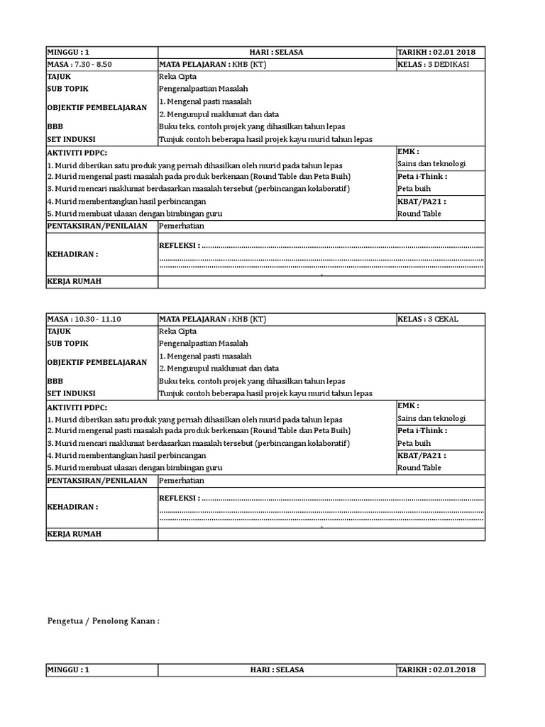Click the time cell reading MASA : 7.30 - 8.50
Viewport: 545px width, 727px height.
click(79, 64)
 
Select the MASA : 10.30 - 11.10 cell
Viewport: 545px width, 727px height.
click(84, 319)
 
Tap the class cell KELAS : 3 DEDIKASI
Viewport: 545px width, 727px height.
click(438, 64)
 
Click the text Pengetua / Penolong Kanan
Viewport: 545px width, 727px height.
click(103, 621)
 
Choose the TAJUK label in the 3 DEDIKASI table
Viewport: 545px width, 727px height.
click(59, 76)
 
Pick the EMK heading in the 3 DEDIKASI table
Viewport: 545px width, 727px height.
click(408, 151)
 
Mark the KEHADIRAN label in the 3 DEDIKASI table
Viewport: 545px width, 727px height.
click(72, 253)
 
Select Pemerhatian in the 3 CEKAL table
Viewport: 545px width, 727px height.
click(182, 480)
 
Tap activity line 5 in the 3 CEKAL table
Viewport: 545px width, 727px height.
click(135, 468)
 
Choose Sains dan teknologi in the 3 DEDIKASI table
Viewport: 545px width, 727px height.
click(431, 164)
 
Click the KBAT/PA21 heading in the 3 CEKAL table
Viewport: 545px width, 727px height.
click(422, 455)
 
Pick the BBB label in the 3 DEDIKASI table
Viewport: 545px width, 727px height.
click(55, 126)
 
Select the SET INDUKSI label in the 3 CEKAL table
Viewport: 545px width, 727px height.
click(71, 393)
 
